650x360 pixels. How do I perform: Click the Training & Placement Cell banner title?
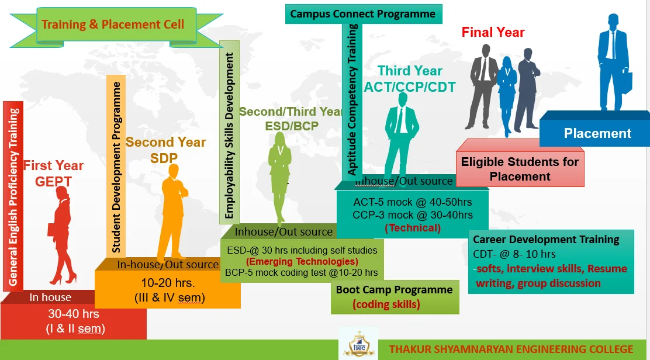point(113,24)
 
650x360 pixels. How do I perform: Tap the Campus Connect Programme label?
point(363,13)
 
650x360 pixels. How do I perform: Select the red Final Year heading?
point(493,32)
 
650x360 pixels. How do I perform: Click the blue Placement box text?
point(597,133)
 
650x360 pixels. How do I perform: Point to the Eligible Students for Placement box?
point(520,169)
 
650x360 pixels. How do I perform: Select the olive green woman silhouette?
point(279,175)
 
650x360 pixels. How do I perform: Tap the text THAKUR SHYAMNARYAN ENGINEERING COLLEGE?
point(511,349)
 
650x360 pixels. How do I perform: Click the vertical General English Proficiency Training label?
point(13,196)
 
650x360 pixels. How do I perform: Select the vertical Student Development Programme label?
point(116,167)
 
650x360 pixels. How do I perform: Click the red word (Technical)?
point(413,227)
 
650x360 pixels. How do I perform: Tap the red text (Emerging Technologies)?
point(302,261)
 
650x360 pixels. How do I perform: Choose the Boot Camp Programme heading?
point(394,290)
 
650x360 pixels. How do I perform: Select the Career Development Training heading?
point(546,240)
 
